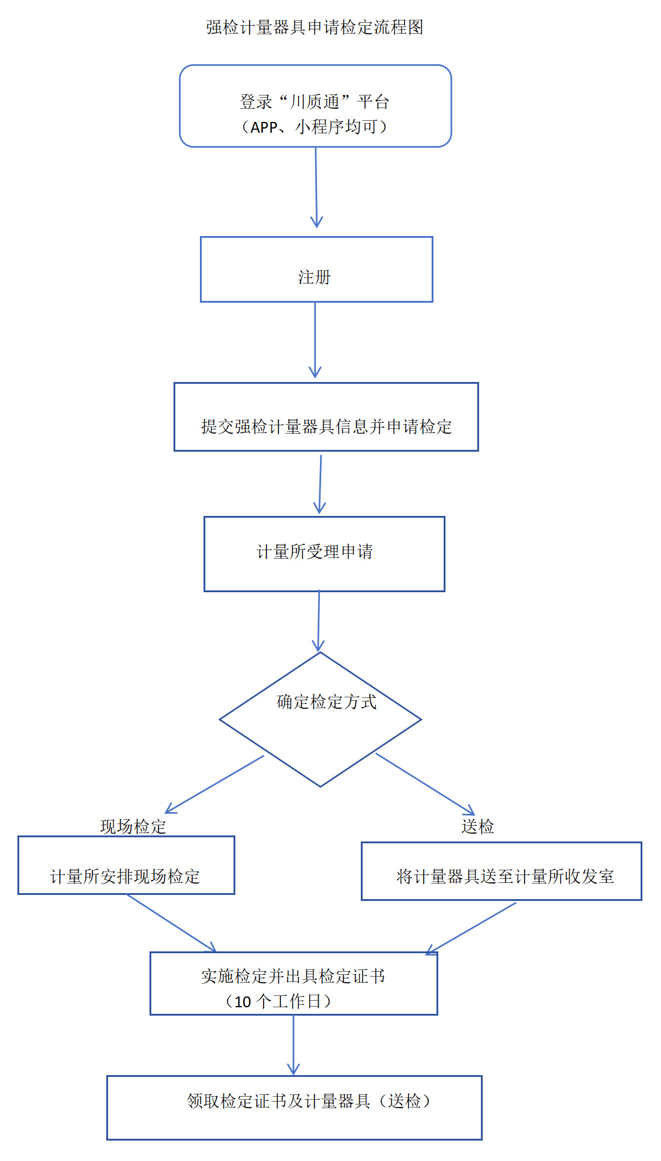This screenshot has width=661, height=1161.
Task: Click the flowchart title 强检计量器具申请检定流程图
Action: [315, 28]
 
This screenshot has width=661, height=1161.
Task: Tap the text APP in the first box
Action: [264, 127]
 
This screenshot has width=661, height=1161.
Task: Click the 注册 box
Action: [316, 270]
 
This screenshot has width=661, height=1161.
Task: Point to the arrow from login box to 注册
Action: [316, 186]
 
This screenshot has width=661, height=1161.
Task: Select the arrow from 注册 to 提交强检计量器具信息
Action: [315, 339]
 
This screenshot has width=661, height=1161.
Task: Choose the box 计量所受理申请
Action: [324, 554]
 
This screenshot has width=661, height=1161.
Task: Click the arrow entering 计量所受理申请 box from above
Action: [321, 483]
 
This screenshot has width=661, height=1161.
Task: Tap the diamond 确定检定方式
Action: [320, 720]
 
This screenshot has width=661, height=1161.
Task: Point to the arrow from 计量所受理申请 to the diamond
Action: [319, 621]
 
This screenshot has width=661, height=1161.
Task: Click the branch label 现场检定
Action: [133, 826]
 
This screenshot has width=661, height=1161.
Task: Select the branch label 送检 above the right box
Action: [477, 826]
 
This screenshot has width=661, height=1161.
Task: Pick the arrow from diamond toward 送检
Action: [425, 784]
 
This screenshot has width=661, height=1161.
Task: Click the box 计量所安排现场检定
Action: [126, 865]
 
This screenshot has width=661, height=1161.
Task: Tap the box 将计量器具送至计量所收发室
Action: [501, 872]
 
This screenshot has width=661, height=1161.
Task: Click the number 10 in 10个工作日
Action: [243, 1002]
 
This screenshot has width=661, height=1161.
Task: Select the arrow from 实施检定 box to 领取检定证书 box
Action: [293, 1044]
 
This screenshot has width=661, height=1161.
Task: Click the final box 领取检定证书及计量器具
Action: [294, 1108]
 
